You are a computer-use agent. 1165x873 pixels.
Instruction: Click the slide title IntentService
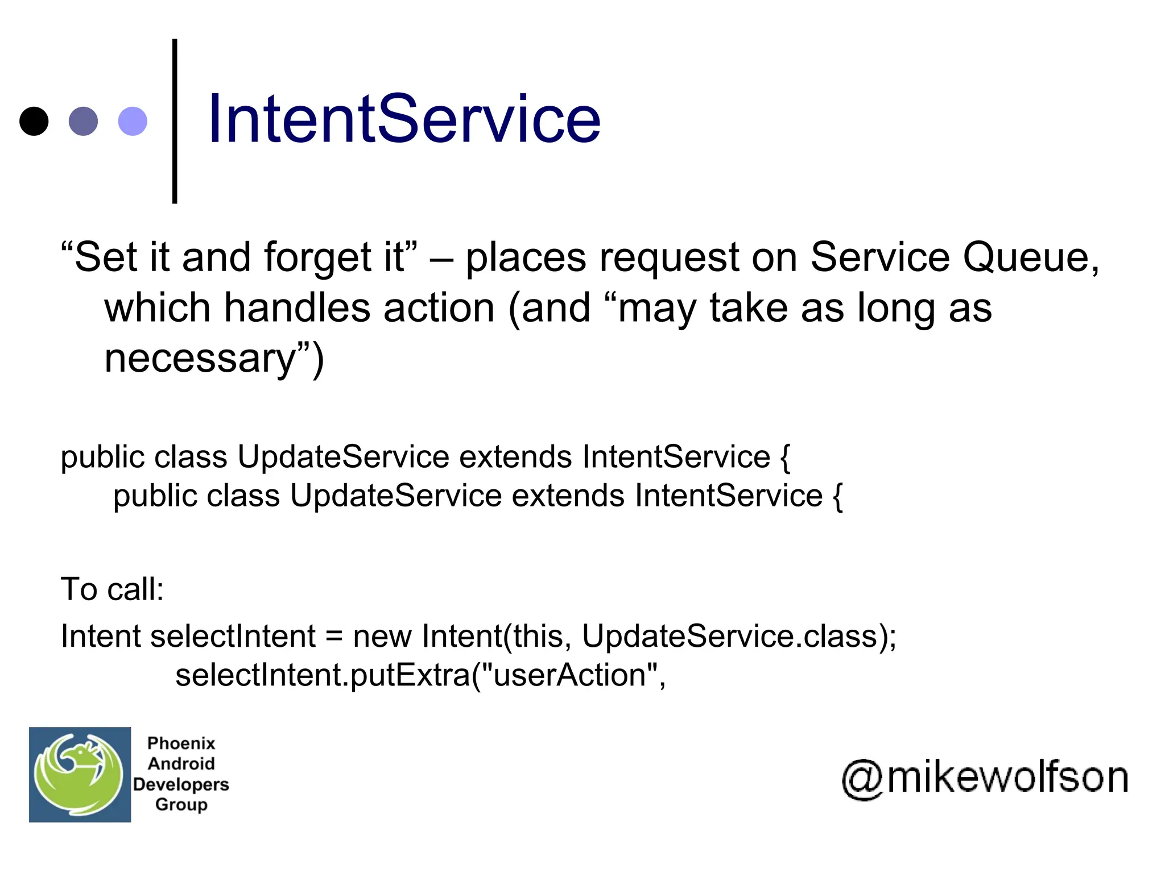tap(404, 119)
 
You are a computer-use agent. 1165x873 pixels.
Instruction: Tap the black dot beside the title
tap(34, 121)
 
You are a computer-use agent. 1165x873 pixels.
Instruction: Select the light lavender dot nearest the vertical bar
tap(133, 121)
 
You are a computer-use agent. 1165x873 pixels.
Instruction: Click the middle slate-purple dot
tap(83, 121)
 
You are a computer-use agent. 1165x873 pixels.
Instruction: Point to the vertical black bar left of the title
tap(175, 120)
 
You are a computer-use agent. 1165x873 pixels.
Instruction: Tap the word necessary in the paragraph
tap(201, 359)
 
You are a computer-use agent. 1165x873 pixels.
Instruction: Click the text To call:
tap(112, 589)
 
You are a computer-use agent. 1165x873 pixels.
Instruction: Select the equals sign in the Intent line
tap(334, 637)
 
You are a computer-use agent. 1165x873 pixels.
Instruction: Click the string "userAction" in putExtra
tap(570, 675)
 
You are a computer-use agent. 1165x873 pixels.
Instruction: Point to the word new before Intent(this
tap(382, 637)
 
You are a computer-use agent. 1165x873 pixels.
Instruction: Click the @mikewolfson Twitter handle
tap(985, 778)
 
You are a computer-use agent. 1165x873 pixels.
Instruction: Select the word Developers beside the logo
tap(181, 784)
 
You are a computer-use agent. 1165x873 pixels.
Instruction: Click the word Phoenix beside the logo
tap(181, 743)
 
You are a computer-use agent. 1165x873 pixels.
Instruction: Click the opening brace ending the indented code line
tap(837, 497)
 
